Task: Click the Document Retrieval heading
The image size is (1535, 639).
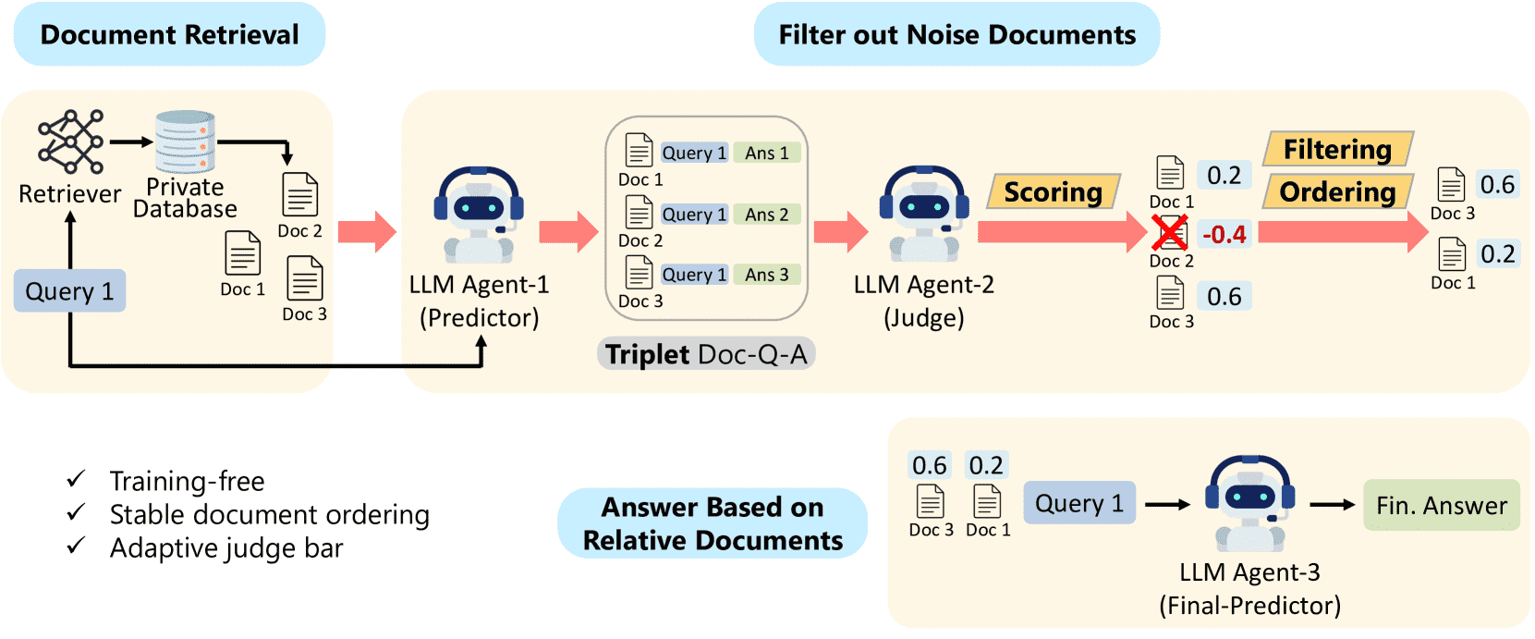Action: coord(169,35)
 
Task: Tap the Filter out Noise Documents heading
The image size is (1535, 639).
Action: coord(956,35)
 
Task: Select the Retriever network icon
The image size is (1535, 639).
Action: coord(70,142)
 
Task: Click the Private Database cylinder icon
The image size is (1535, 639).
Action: coord(185,142)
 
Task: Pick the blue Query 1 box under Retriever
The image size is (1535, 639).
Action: coord(69,291)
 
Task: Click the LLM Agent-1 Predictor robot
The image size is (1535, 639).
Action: coord(479,215)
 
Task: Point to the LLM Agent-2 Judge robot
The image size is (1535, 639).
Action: coord(924,215)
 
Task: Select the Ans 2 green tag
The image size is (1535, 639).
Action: coord(767,215)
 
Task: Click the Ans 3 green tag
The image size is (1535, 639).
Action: coord(767,275)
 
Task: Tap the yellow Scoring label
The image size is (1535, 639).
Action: coord(1054,191)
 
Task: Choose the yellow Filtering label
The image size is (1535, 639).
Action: coord(1337,149)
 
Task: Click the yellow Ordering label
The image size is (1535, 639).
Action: coord(1337,191)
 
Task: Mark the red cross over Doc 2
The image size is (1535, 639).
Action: coord(1170,233)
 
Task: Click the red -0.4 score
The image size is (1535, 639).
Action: coord(1224,234)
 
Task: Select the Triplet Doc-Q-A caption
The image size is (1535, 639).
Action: coord(706,354)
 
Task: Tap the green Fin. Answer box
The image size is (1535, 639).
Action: coord(1441,505)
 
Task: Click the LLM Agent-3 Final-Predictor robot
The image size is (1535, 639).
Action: coord(1249,502)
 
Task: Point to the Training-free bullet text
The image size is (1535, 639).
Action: coord(187,481)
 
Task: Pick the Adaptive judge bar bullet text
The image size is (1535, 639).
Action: coord(226,548)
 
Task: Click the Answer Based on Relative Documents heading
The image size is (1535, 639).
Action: coord(713,523)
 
